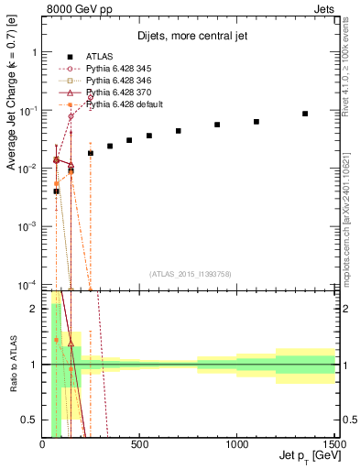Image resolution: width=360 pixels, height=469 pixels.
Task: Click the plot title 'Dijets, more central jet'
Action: (x=189, y=39)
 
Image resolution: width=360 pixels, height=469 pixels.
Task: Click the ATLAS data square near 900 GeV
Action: (x=217, y=125)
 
